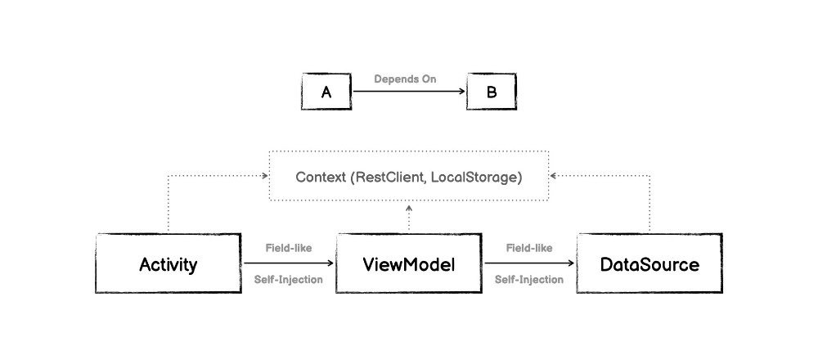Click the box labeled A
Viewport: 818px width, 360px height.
[x=326, y=92]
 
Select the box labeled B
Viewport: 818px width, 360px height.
[x=492, y=92]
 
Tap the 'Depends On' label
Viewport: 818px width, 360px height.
[x=406, y=79]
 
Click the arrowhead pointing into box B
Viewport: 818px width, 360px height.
[x=461, y=92]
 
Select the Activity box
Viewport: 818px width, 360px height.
[x=169, y=264]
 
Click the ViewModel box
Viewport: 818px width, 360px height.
[x=409, y=264]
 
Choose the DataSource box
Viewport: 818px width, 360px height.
[x=649, y=264]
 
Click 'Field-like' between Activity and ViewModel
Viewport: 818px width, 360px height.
[x=288, y=247]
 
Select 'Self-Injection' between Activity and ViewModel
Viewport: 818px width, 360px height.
[x=288, y=280]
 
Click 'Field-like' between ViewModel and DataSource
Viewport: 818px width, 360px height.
[x=529, y=247]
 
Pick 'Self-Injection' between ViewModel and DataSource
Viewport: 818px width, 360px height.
[x=529, y=280]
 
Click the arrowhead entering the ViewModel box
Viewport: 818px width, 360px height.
[x=332, y=263]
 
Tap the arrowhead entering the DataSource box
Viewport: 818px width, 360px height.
[x=573, y=263]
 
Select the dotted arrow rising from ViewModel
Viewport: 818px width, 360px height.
[x=409, y=218]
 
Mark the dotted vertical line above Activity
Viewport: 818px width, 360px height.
[x=169, y=205]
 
